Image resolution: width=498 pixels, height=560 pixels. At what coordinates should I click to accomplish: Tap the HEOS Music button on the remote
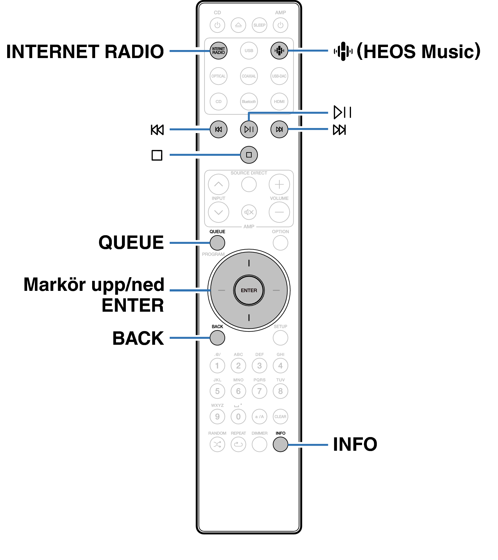pos(279,51)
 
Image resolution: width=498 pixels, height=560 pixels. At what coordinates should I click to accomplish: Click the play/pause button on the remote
pos(249,129)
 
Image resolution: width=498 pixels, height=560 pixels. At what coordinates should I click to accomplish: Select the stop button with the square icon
pos(249,155)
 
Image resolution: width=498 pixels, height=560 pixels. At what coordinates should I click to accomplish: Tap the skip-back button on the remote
pos(218,129)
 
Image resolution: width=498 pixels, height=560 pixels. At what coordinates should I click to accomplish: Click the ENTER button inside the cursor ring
pos(249,290)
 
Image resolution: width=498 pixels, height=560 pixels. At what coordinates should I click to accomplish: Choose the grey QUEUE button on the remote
pos(217,243)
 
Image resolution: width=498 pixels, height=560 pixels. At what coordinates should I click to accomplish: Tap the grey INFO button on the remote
pos(280,444)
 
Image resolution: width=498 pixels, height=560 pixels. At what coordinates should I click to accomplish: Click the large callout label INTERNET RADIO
pos(85,52)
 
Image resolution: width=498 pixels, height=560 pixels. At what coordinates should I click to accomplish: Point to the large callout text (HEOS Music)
pos(418,52)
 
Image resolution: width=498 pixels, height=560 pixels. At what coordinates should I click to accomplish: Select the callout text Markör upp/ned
pos(94,284)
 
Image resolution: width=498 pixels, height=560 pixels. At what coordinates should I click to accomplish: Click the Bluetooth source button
pos(249,102)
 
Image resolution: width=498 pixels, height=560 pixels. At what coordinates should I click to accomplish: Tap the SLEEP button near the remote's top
pos(259,25)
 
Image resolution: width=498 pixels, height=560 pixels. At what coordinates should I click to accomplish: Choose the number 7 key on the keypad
pos(259,391)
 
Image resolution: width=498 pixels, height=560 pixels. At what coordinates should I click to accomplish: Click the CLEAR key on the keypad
pos(280,417)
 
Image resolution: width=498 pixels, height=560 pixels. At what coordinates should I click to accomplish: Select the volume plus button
pos(279,185)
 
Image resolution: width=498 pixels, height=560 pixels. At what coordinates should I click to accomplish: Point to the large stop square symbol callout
pos(157,155)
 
